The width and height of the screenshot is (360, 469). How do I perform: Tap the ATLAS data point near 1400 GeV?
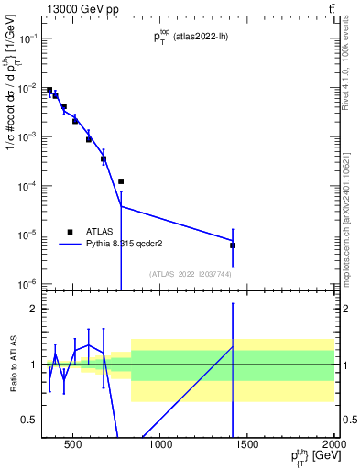tap(233, 245)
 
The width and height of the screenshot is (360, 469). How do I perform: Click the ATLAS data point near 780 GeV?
tap(121, 181)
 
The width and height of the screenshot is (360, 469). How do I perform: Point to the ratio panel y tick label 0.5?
tap(27, 420)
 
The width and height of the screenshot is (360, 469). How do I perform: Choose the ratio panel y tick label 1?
tap(32, 365)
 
